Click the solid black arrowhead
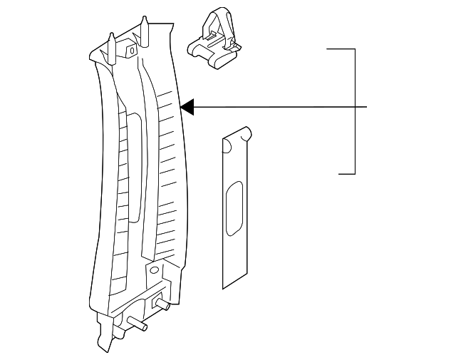coord(187,107)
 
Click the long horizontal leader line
coord(278,107)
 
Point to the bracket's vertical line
coord(355,78)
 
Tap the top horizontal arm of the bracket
coord(341,49)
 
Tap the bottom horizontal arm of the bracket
coord(346,173)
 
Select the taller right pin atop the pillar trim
coord(145,29)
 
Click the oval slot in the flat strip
coord(234,210)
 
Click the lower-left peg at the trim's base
coord(137,323)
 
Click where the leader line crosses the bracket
coord(355,107)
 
